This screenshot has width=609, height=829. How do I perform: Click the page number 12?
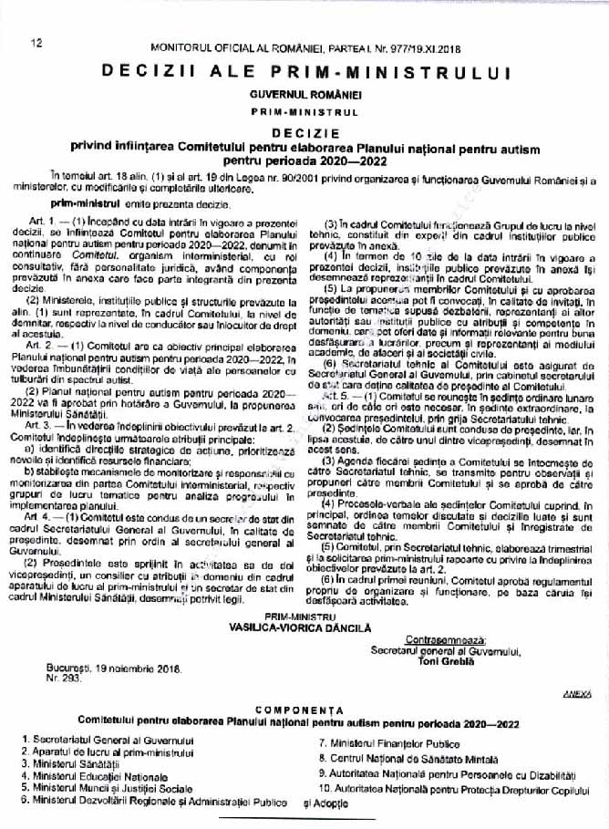[x=38, y=43]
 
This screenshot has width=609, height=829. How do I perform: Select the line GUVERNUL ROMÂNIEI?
[x=304, y=95]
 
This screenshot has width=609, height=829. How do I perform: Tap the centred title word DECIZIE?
[x=304, y=131]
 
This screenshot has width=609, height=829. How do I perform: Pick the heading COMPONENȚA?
[x=304, y=709]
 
